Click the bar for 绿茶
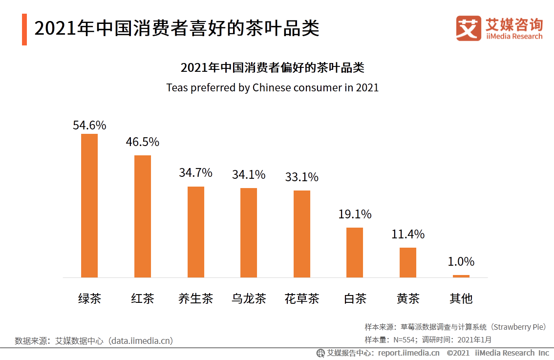click(x=89, y=205)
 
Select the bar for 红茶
click(x=143, y=216)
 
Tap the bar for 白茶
click(x=355, y=252)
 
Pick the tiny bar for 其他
click(x=461, y=276)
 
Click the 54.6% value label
click(x=89, y=125)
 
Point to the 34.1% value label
click(x=249, y=174)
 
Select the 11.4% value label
click(x=408, y=234)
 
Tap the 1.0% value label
click(x=461, y=261)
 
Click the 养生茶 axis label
click(x=196, y=298)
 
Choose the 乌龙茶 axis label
click(x=249, y=298)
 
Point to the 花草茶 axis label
click(x=302, y=298)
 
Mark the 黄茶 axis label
click(x=408, y=298)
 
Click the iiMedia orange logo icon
click(x=469, y=28)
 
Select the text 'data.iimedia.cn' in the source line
click(x=141, y=340)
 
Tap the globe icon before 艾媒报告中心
click(x=320, y=353)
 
